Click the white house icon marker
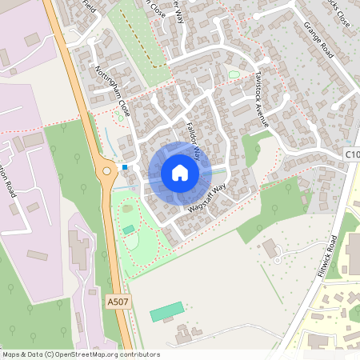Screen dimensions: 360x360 pos(179,172)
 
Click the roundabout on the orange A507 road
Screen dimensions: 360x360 pos(106,170)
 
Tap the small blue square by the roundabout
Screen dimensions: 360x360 pos(125,166)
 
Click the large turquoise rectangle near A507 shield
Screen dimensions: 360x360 pos(167,312)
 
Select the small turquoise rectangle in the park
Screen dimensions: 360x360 pos(129,230)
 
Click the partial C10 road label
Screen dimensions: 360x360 pos(352,153)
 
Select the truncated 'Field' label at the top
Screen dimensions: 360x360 pos(88,6)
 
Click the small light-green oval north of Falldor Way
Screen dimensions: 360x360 pos(234,74)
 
